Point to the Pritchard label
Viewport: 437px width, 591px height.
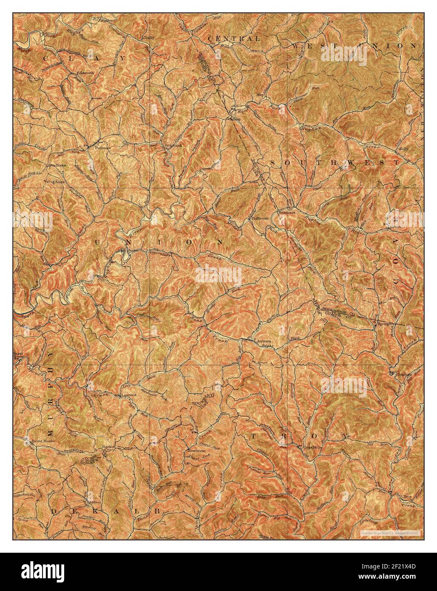[x=173, y=145]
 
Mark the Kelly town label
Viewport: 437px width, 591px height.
[x=403, y=149]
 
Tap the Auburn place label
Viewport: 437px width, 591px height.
[x=264, y=341]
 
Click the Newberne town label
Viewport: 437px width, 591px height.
[x=196, y=450]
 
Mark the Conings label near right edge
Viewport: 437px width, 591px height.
[x=402, y=375]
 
